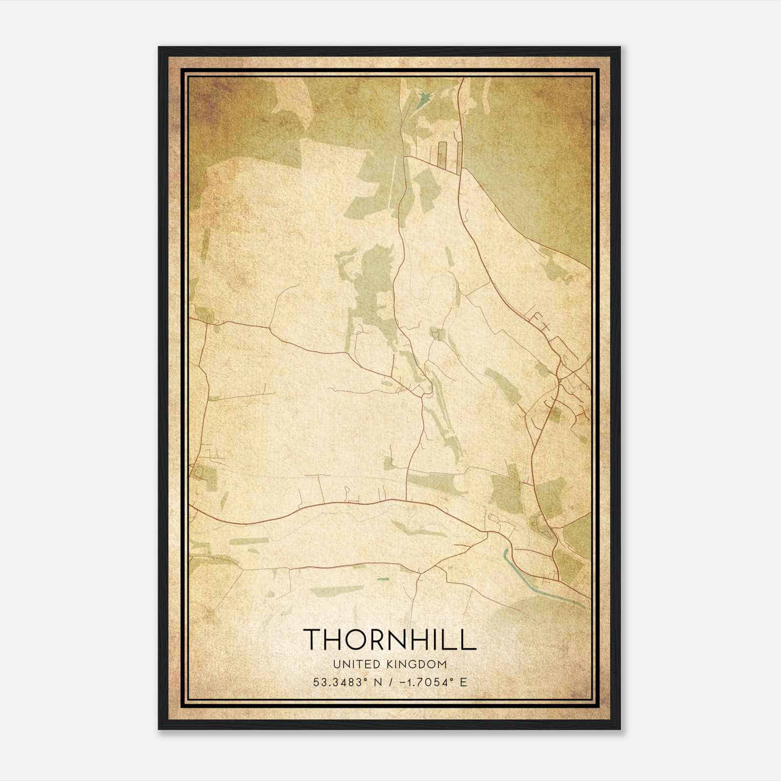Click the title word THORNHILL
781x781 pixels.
(390, 639)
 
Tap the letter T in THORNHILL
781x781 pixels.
(313, 639)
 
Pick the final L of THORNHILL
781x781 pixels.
(469, 639)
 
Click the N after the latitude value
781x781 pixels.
(378, 682)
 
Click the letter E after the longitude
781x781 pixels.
(463, 682)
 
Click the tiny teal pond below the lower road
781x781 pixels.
(384, 579)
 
